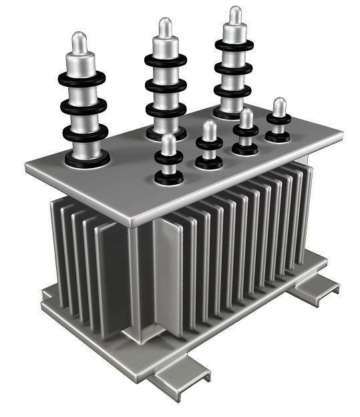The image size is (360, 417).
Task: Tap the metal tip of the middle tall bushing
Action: (165, 28)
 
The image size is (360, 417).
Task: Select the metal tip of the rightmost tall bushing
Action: (235, 15)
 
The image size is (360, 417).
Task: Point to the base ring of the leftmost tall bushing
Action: (87, 159)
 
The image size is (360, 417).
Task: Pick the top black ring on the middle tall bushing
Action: (165, 59)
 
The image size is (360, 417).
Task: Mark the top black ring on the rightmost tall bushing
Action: (234, 45)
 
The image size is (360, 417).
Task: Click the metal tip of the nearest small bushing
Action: (169, 143)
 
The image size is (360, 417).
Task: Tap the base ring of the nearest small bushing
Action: (169, 177)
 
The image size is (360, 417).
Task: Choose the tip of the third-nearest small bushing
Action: (246, 117)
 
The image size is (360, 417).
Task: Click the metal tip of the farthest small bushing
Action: (279, 106)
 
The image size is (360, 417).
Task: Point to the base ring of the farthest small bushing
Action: (278, 136)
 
